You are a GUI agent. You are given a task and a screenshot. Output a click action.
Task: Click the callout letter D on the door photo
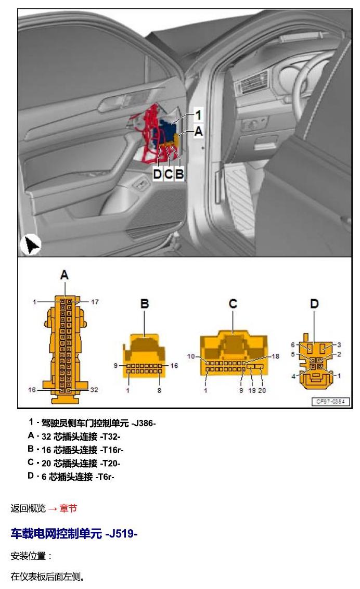pyautogui.click(x=157, y=174)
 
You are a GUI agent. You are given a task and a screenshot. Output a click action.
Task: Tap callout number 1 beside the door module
pyautogui.click(x=198, y=114)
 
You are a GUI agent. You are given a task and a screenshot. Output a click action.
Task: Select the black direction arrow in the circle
pyautogui.click(x=31, y=245)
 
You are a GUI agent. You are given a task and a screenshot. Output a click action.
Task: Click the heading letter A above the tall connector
pyautogui.click(x=65, y=275)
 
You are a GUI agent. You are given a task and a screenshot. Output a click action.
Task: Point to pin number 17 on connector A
pyautogui.click(x=95, y=302)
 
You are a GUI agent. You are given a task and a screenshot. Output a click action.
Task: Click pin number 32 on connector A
pyautogui.click(x=94, y=390)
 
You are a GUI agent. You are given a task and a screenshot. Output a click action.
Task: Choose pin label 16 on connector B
pyautogui.click(x=174, y=365)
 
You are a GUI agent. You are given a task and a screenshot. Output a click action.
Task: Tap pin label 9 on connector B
pyautogui.click(x=115, y=365)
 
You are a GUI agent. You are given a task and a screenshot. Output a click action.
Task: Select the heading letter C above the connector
pyautogui.click(x=233, y=303)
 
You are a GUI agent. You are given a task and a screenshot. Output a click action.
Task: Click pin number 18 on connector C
pyautogui.click(x=276, y=356)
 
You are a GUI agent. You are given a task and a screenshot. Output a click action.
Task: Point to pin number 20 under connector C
pyautogui.click(x=262, y=390)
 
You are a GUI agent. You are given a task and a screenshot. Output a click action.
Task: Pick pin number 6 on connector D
pyautogui.click(x=293, y=345)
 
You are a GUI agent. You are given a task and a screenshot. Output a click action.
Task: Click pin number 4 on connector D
pyautogui.click(x=293, y=376)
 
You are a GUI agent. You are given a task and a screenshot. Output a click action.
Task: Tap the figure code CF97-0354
pyautogui.click(x=331, y=402)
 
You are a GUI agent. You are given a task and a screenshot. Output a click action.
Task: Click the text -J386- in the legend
pyautogui.click(x=144, y=424)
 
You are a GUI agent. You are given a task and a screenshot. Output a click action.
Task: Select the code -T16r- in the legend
pyautogui.click(x=111, y=450)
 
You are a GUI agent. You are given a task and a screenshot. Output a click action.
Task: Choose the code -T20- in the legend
pyautogui.click(x=110, y=463)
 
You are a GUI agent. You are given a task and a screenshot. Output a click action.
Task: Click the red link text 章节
pyautogui.click(x=68, y=508)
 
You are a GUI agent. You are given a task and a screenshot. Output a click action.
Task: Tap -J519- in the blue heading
pyautogui.click(x=121, y=533)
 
